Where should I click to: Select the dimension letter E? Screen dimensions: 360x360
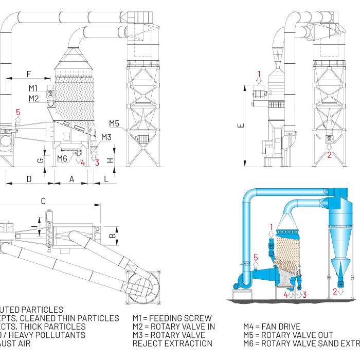click(x=242, y=124)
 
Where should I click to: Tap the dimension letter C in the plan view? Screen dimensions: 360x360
click(x=43, y=200)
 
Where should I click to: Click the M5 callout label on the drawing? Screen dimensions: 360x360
click(x=114, y=123)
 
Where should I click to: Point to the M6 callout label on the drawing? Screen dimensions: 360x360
click(x=62, y=158)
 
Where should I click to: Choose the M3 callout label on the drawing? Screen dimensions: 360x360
click(x=106, y=137)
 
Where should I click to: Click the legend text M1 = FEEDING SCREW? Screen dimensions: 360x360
click(x=172, y=318)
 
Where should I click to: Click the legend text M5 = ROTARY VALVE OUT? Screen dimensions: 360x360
click(x=288, y=335)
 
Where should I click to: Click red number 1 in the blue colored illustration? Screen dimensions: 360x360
click(x=272, y=226)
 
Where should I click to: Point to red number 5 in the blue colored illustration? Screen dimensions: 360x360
click(x=256, y=257)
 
